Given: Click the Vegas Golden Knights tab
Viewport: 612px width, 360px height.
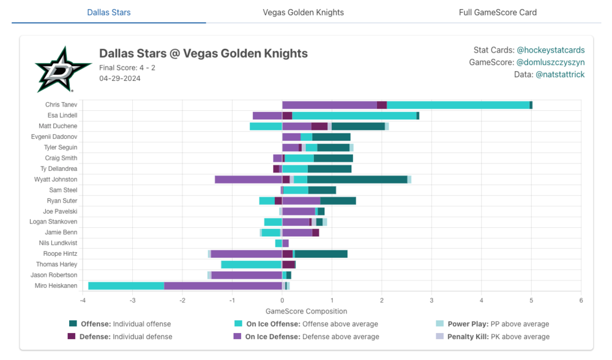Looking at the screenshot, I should (x=303, y=12).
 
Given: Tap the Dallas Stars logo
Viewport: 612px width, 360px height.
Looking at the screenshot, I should (x=55, y=70).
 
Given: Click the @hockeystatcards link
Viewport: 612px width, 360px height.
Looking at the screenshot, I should (x=550, y=50).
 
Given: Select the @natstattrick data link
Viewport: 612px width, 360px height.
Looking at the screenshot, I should (x=559, y=75).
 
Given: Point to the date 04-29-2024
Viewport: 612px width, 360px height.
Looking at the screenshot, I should (x=120, y=78).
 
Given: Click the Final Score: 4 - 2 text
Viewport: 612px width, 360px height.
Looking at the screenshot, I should (x=127, y=67).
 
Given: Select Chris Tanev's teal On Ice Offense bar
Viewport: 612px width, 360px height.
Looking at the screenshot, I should (x=458, y=105).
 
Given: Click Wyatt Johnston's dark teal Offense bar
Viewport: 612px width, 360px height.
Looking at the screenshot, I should (x=357, y=179).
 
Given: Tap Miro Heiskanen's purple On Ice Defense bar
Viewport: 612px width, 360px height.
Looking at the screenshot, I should (x=223, y=286).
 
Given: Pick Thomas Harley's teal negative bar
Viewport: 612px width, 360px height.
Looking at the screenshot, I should (x=251, y=264).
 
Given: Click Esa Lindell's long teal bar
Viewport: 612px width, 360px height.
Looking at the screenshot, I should (x=354, y=115).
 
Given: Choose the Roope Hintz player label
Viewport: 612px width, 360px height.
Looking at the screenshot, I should (x=60, y=253).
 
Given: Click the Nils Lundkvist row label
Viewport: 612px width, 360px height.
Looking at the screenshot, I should (x=60, y=243).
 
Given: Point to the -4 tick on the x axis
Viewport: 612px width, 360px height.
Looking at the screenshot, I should (x=83, y=301).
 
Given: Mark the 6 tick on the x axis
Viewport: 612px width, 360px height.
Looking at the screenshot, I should (x=581, y=301).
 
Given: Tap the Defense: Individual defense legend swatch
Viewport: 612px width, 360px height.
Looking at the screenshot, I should (x=72, y=336).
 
